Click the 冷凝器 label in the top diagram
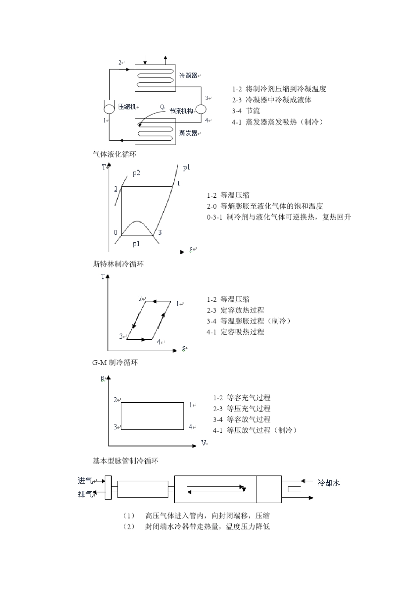tap(188, 76)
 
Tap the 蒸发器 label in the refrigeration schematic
tap(188, 132)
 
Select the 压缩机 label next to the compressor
tap(127, 107)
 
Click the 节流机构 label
tap(181, 111)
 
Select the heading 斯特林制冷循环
tap(118, 264)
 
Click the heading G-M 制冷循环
tap(115, 363)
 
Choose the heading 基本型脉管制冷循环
tap(125, 461)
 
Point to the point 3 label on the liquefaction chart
tap(160, 232)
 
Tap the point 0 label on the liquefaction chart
tap(116, 232)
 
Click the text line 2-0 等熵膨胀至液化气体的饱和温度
tap(265, 206)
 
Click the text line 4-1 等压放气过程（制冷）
tap(255, 430)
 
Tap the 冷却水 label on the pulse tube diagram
tap(329, 483)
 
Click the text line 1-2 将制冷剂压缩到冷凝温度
tap(279, 89)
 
